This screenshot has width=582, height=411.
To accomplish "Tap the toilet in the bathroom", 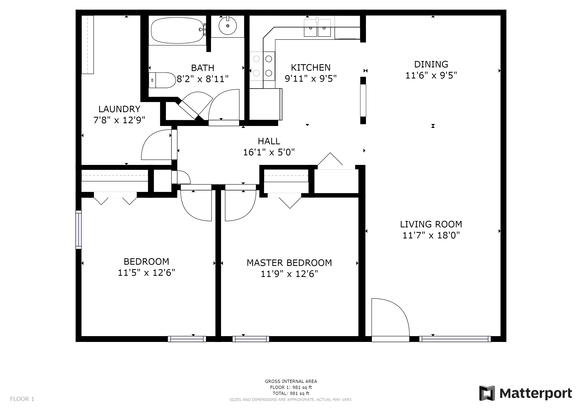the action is (162, 80).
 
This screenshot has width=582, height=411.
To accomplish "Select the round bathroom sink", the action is (228, 25).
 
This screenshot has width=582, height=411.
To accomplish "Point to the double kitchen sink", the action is (317, 28).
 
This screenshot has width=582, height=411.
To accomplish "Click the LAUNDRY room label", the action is (119, 109).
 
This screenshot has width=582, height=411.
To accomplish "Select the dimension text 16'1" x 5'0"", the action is (269, 152).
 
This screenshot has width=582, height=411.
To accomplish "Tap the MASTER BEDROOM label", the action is (289, 263).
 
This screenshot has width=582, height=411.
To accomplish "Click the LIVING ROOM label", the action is (431, 224).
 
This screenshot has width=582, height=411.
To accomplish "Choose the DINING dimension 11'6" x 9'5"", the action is (431, 75).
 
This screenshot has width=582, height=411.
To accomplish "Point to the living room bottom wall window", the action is (455, 339).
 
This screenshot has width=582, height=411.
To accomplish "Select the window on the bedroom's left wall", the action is (79, 230).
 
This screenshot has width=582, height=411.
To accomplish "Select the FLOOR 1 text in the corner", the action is (22, 399).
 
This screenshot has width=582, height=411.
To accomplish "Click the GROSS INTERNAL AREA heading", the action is (291, 381).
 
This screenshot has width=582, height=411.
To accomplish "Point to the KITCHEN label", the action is (311, 68).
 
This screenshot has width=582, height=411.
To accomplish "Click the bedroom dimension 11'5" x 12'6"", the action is (147, 273).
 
